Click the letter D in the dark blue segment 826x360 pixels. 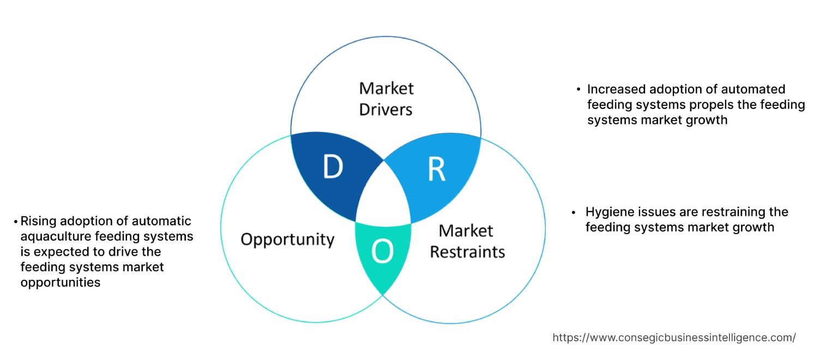[x=333, y=167]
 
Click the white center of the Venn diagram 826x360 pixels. [x=384, y=196]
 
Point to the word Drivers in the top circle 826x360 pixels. [x=385, y=110]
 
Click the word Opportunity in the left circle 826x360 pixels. [x=287, y=239]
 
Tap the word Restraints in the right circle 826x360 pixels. [x=467, y=252]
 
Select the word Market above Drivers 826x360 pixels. [x=386, y=88]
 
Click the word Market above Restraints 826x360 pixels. [x=466, y=230]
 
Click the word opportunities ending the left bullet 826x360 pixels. [x=61, y=283]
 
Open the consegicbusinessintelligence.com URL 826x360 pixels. [x=674, y=338]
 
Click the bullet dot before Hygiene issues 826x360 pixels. [x=574, y=212]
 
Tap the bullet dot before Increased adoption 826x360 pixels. [x=578, y=89]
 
